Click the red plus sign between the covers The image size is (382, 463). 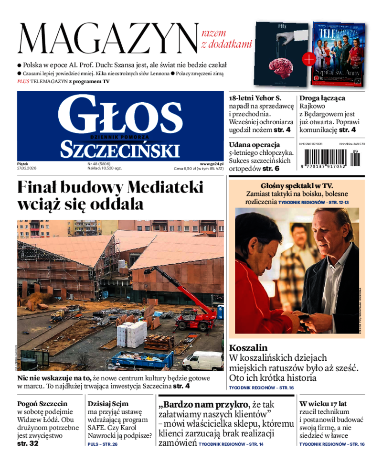pyautogui.click(x=309, y=59)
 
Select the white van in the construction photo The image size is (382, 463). pyautogui.click(x=203, y=360)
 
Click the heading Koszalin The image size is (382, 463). pyautogui.click(x=248, y=348)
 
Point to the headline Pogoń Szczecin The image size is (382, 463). pyautogui.click(x=42, y=403)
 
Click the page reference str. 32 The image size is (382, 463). pyautogui.click(x=28, y=443)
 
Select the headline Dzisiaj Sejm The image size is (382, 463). pyautogui.click(x=108, y=403)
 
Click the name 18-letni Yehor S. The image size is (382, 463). pyautogui.click(x=255, y=98)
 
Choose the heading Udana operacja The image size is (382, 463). pyautogui.click(x=254, y=144)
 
